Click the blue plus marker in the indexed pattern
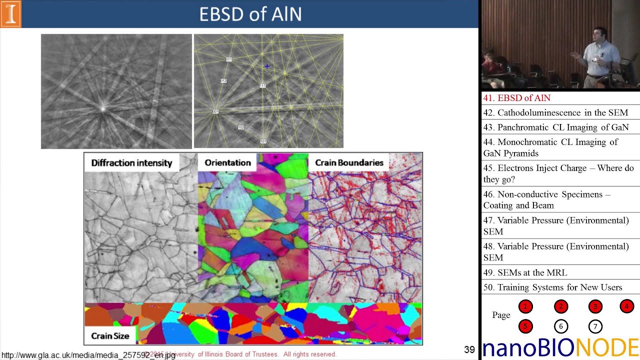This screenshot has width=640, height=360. pos(267,66)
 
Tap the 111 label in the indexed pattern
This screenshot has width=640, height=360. pos(262,86)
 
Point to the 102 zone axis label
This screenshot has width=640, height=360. pos(241,127)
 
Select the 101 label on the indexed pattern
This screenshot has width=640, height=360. pos(263,141)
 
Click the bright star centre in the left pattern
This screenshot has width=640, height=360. pos(103,107)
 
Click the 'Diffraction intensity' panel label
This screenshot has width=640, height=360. pos(131,163)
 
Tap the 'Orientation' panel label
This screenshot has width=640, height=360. pos(227,163)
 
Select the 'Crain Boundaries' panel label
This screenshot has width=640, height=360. pos(349,163)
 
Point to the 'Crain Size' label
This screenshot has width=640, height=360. pos(110,336)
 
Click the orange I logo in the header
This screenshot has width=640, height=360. pos(10,14)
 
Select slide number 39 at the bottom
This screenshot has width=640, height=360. pos(469,350)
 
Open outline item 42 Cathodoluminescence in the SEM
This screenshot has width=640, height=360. pos(555,112)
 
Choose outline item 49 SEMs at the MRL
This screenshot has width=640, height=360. pos(525,272)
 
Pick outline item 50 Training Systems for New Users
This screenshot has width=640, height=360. pos(552,287)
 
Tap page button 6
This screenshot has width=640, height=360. pos(560,326)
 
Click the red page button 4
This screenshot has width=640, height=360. pos(626,306)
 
